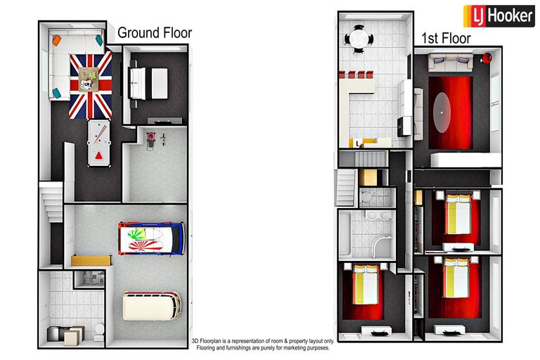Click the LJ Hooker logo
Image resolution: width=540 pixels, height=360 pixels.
[x=499, y=16]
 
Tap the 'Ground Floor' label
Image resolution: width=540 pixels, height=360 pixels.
[x=155, y=33]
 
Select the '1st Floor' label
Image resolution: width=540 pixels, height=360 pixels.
[x=446, y=38]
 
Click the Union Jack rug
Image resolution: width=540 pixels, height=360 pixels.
[x=91, y=86]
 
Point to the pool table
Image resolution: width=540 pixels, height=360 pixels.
[x=99, y=143]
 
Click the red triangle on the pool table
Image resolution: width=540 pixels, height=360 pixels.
[x=99, y=155]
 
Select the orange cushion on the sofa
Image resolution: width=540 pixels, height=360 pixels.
[x=57, y=40]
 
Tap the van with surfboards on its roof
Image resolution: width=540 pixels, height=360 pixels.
[x=151, y=239]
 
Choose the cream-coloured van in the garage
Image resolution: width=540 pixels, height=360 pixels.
[x=152, y=307]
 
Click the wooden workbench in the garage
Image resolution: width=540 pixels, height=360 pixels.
[x=91, y=260]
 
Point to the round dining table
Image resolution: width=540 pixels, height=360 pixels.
[x=359, y=39]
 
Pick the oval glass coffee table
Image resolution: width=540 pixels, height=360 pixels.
[x=442, y=112]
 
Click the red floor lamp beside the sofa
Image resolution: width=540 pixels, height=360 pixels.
[x=487, y=58]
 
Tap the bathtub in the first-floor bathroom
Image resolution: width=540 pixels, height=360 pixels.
[x=345, y=234]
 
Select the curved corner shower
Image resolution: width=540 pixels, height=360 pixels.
[x=382, y=246]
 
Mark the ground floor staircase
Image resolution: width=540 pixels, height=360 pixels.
[x=51, y=202]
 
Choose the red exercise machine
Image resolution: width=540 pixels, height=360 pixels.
[x=151, y=141]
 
